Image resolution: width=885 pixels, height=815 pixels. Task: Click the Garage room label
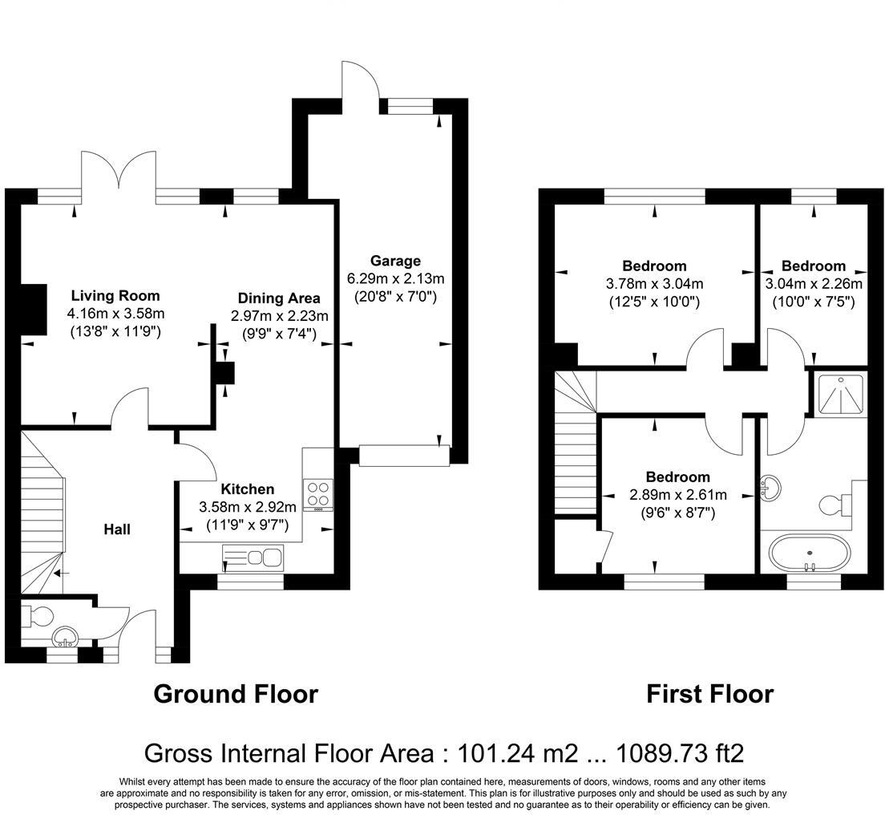[395, 261]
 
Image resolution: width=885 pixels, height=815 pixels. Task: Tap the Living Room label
[115, 295]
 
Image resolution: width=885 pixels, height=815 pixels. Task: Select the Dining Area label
[279, 298]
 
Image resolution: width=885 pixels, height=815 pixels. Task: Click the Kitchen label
[247, 489]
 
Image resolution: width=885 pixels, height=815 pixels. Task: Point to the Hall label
[117, 529]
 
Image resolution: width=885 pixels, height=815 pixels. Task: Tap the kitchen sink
[253, 558]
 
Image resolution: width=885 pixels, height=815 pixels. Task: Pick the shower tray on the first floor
[837, 395]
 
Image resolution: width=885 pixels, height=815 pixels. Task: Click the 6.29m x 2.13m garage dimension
[395, 279]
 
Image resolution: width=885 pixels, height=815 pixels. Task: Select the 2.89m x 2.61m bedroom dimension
[678, 495]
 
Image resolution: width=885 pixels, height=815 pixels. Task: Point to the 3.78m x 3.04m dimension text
[654, 284]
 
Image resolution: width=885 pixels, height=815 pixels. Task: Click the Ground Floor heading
[236, 694]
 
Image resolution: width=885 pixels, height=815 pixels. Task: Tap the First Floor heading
[710, 694]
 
